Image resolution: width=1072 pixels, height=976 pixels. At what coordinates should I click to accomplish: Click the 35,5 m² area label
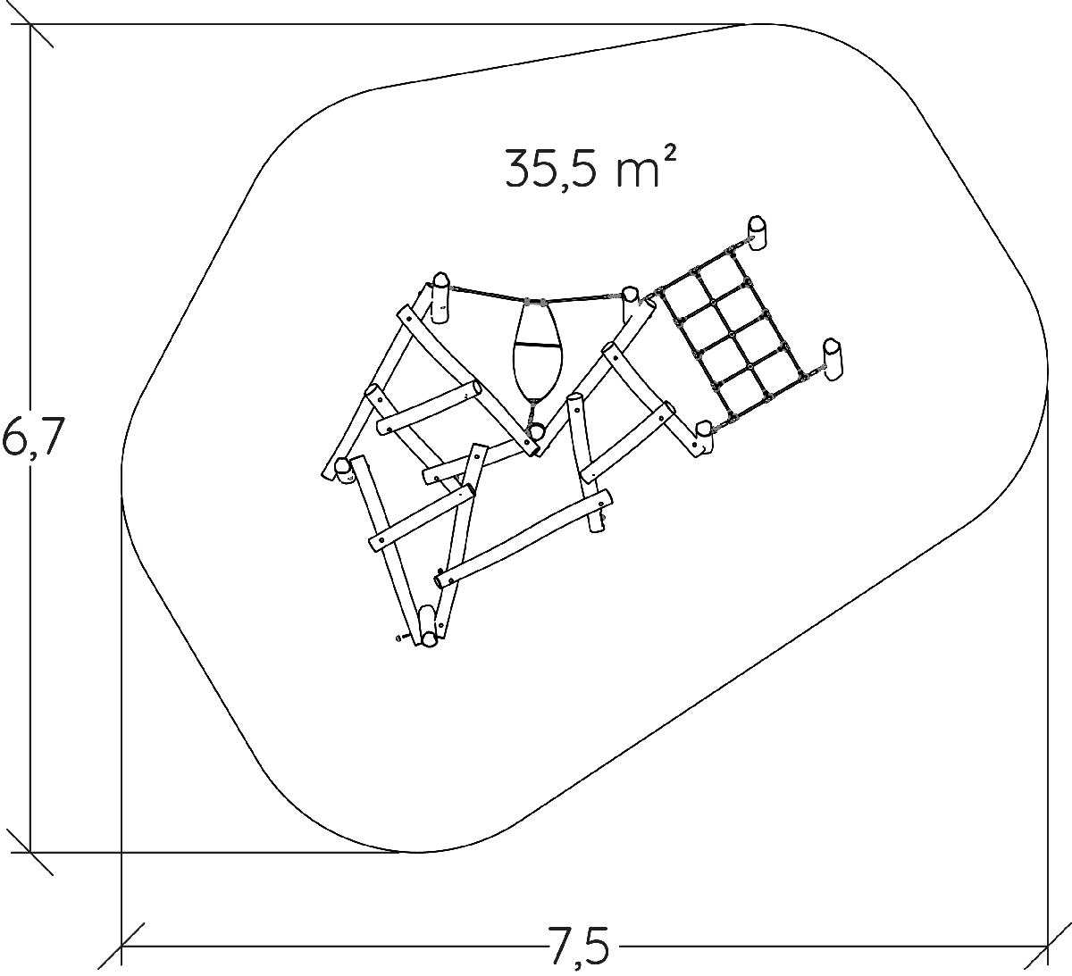point(591,167)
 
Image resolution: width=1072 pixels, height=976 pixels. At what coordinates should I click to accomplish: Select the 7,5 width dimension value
point(579,946)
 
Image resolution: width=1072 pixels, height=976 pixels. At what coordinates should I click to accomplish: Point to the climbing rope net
point(731,336)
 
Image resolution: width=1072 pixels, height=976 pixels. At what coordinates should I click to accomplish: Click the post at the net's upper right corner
point(758,233)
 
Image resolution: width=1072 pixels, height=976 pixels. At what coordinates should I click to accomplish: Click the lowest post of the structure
point(428,627)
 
